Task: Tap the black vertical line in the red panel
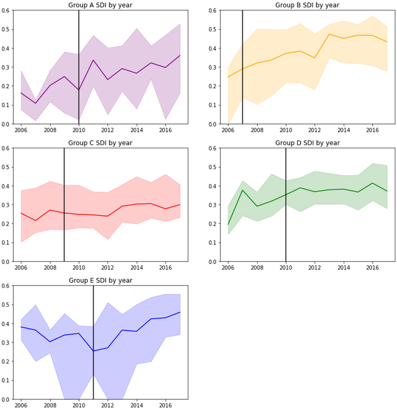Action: [x=64, y=243]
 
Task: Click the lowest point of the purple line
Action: [x=36, y=103]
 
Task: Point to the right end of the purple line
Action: [x=180, y=55]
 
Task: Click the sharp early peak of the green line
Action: [x=243, y=190]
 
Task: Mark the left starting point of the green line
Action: [x=228, y=225]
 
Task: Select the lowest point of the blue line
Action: [x=93, y=351]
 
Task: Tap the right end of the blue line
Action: [x=180, y=312]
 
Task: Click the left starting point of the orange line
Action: [x=228, y=77]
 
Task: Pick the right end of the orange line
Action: [x=387, y=42]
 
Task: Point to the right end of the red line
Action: [x=180, y=204]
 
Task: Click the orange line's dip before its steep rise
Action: [x=315, y=58]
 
